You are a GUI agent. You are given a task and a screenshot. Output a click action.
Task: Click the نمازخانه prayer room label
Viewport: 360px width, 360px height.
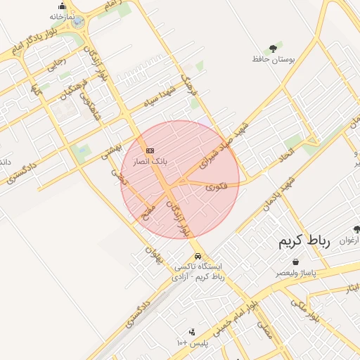pyautogui.click(x=63, y=16)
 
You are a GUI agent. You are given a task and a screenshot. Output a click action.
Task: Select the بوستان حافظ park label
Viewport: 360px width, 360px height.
pyautogui.click(x=272, y=59)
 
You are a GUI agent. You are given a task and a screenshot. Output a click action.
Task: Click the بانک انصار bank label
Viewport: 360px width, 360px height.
pyautogui.click(x=150, y=161)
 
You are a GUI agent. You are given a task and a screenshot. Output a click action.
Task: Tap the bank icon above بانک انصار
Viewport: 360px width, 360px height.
pyautogui.click(x=150, y=150)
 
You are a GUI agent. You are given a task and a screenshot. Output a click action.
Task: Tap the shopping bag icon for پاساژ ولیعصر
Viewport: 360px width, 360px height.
pyautogui.click(x=295, y=262)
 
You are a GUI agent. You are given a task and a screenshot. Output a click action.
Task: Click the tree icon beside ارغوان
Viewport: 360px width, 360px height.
pyautogui.click(x=356, y=229)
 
